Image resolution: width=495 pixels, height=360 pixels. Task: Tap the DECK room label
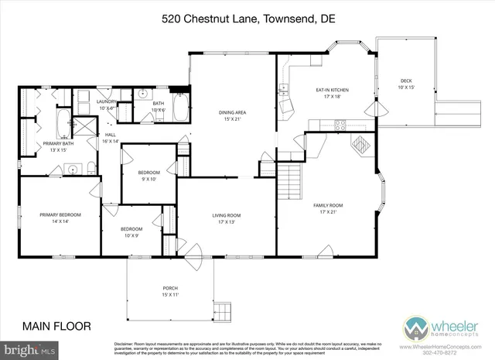pos(406,84)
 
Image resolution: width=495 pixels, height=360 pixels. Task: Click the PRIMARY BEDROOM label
pos(60,218)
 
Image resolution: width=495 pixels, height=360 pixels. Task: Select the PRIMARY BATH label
pos(58,146)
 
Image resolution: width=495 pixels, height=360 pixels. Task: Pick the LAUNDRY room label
pos(106,105)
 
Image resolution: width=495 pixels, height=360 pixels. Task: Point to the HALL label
pos(111,137)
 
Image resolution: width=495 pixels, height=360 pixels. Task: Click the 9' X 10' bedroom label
pos(148,175)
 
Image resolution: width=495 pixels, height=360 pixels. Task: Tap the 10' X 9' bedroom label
pos(131,232)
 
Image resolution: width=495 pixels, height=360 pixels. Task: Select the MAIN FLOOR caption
pos(56,325)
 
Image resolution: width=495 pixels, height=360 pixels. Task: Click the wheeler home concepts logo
pos(432,326)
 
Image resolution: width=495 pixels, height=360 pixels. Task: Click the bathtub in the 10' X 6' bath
pos(179,107)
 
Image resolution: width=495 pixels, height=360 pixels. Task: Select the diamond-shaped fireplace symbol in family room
pos(360,145)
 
